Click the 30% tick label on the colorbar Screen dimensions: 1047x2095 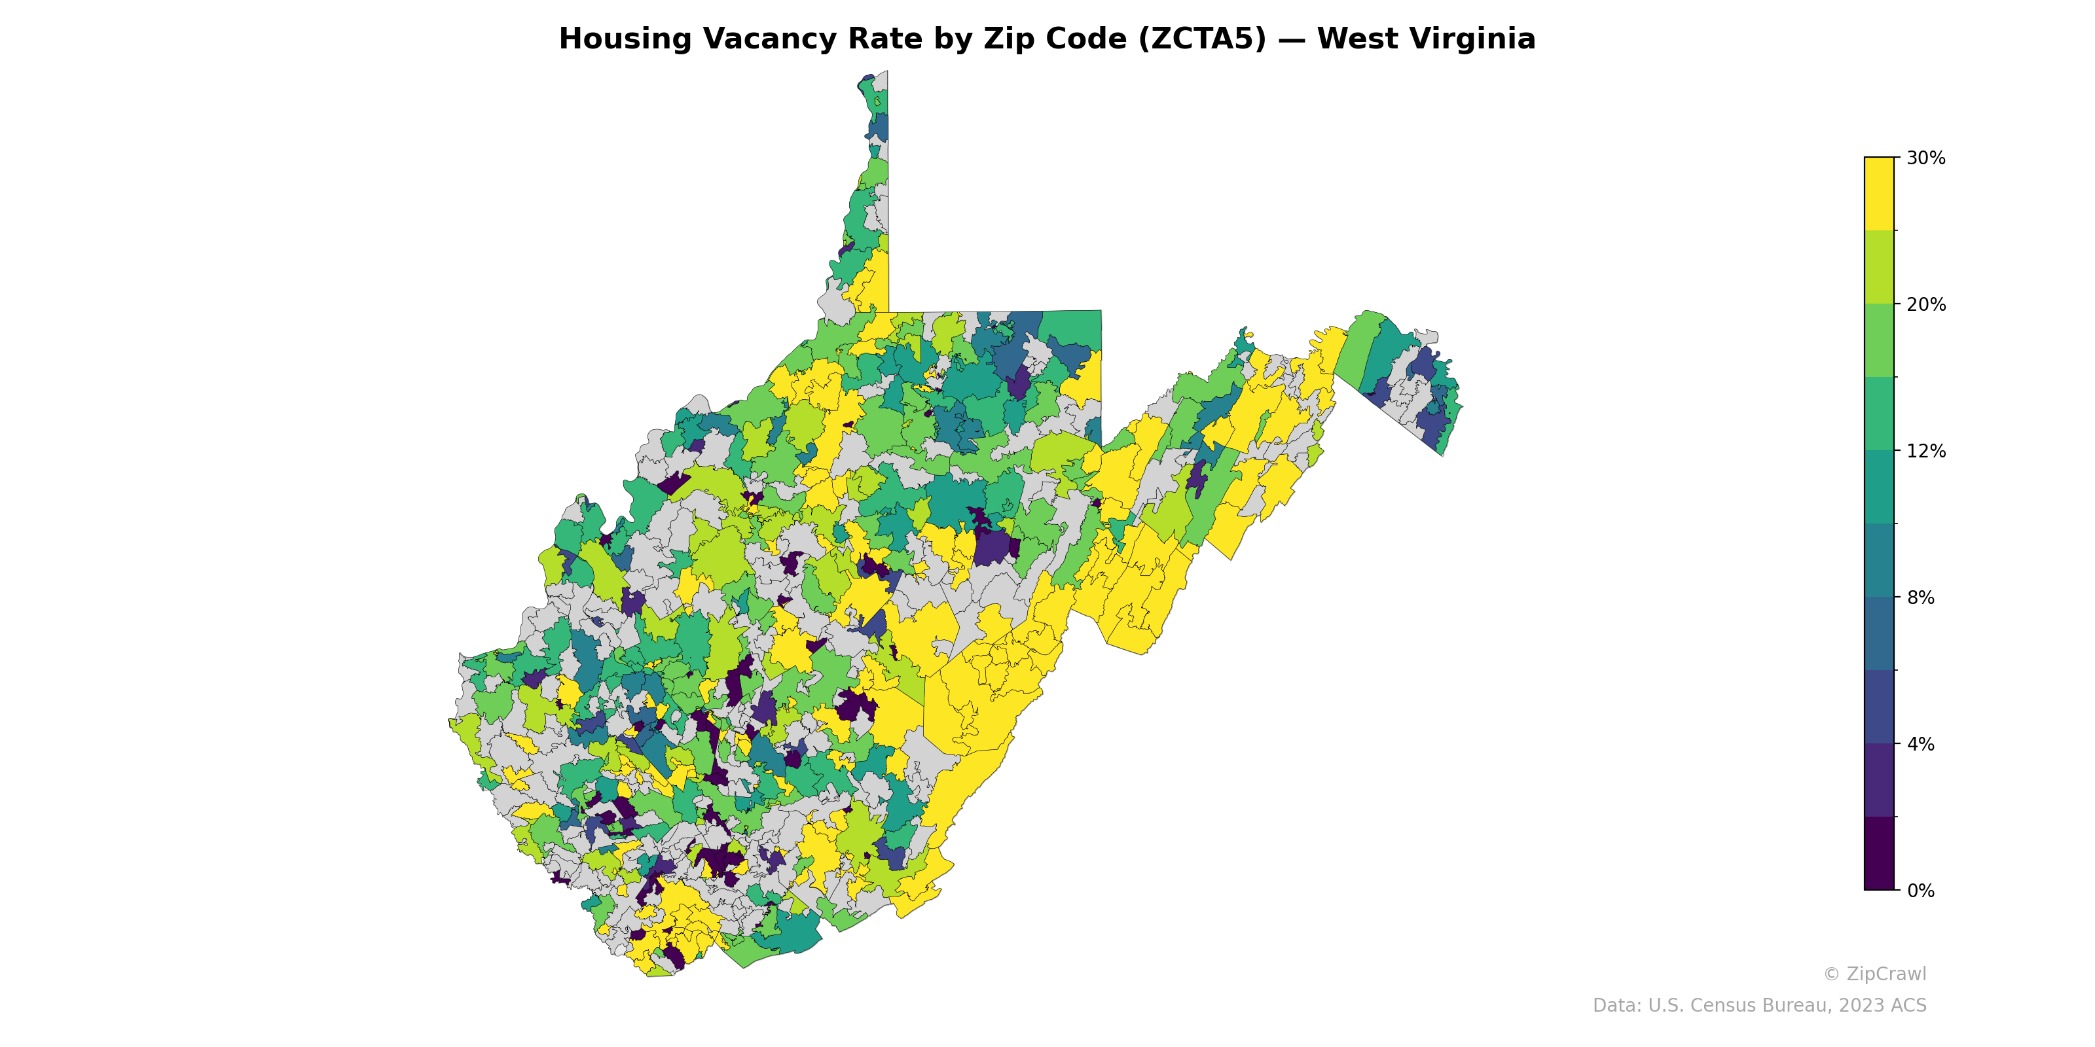pos(1925,158)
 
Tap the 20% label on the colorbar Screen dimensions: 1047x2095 pos(1925,304)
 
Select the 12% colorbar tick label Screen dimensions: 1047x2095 pos(1925,450)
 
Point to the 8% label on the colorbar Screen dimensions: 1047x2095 pos(1920,597)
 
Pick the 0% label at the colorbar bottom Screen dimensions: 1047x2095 pos(1920,890)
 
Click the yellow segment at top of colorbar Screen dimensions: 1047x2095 pos(1879,194)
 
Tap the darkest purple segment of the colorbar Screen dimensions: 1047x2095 pos(1879,853)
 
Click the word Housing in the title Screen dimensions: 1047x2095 pos(625,39)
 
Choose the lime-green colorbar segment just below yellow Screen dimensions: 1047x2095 pos(1879,266)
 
